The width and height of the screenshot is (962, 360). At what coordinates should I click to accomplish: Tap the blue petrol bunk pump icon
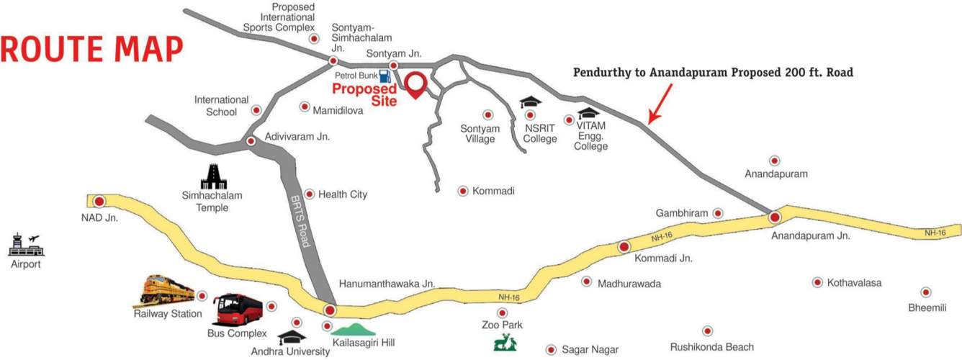[385, 75]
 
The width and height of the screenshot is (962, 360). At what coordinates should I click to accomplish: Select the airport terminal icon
[26, 245]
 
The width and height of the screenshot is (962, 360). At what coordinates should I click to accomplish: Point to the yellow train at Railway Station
[168, 290]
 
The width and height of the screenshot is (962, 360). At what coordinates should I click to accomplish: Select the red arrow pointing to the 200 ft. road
[661, 102]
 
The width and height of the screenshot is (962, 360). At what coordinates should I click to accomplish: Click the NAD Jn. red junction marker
[99, 202]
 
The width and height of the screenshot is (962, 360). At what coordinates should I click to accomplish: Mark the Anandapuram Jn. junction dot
[775, 217]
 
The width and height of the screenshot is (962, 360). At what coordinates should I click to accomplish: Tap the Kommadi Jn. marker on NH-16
[624, 247]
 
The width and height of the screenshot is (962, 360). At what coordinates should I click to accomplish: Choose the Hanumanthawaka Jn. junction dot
[330, 311]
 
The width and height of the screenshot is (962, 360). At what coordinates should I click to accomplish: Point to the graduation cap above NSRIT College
[531, 102]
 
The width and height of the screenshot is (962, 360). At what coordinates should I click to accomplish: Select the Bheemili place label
[925, 308]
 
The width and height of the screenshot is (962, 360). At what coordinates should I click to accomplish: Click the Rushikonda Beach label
[712, 347]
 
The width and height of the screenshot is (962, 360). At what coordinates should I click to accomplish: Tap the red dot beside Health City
[310, 194]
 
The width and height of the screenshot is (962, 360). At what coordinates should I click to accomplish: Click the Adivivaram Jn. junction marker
[251, 141]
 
